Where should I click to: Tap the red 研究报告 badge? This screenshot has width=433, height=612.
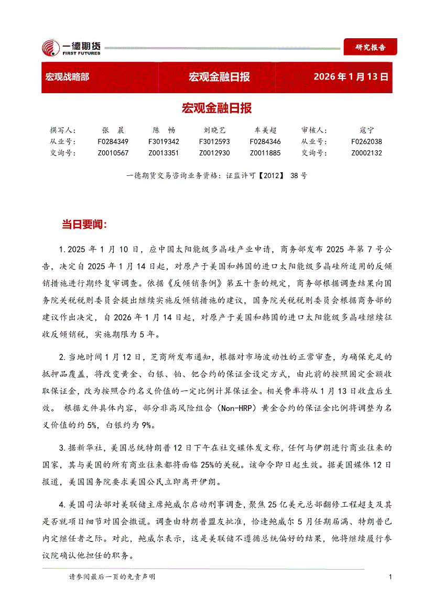[370, 47]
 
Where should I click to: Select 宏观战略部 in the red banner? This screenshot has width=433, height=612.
[67, 77]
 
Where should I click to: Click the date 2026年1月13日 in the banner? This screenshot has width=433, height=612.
[351, 77]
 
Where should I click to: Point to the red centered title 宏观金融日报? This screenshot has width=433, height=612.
[216, 108]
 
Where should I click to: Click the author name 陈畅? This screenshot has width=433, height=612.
[164, 130]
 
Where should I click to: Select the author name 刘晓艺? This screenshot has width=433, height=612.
[214, 130]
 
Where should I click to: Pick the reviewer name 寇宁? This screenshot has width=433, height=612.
[367, 130]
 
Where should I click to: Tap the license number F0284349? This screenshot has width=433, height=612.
[113, 142]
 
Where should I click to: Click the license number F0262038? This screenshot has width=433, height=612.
[367, 142]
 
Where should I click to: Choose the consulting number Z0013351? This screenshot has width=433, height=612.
[164, 153]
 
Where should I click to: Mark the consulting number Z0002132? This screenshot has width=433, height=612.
[367, 153]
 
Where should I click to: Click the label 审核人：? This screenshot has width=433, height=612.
[315, 130]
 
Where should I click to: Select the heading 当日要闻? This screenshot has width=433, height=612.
[84, 225]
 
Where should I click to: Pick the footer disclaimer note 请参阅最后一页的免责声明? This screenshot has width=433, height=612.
[112, 577]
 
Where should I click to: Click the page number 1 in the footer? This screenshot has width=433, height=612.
[391, 577]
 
